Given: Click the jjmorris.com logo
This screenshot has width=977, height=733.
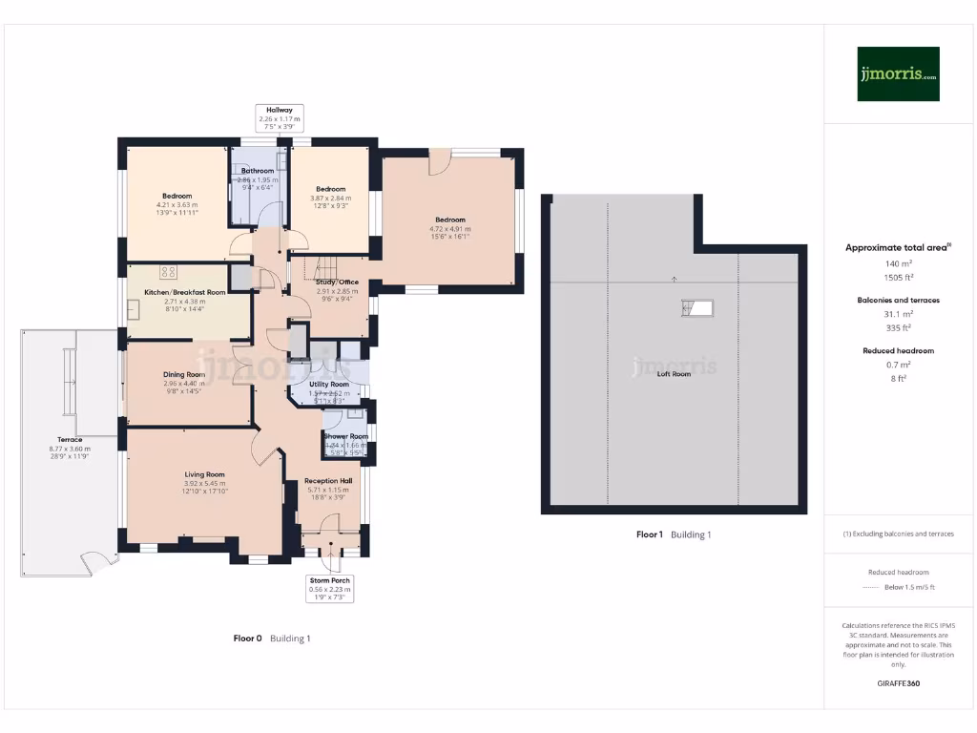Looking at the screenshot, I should coord(898,74).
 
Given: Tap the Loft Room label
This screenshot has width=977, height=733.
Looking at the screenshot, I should coord(674,374).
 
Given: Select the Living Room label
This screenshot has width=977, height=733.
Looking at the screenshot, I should coord(205,473).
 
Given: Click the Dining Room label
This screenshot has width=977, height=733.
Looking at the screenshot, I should coord(183,374).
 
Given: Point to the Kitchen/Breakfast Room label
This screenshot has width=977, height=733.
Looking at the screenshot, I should coord(184,291).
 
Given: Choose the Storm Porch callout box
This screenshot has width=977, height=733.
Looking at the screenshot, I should coord(329,585).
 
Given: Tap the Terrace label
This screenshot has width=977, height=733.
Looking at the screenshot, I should coord(69,440).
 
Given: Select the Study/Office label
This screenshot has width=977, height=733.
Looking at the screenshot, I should coord(337,282).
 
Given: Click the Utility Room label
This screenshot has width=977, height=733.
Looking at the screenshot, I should coord(329,384).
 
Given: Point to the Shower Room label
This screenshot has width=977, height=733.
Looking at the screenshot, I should coord(345,436).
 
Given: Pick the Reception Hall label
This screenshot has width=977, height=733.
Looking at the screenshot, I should coord(328,481).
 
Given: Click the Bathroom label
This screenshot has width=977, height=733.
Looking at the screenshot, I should coord(258,171).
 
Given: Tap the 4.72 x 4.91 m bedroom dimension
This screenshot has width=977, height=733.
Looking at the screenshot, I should coord(450,229).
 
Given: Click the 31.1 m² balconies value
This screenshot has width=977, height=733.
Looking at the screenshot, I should coord(897,313).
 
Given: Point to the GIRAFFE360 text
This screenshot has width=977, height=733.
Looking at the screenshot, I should coord(897,683).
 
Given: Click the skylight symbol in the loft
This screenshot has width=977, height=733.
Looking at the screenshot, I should coord(697,307).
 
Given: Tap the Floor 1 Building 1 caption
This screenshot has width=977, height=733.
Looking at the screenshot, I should coord(674,534).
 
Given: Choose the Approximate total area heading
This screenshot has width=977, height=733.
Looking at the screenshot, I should coord(897,247).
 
